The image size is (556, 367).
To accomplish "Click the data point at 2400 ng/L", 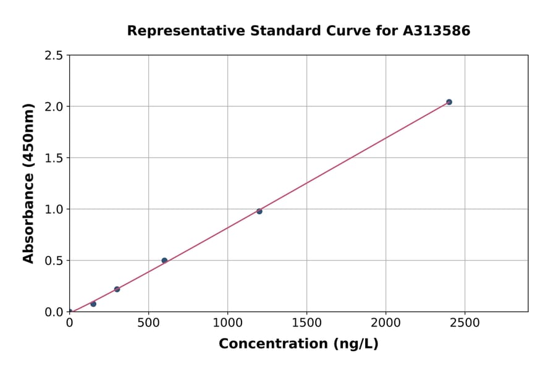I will pyautogui.click(x=449, y=102).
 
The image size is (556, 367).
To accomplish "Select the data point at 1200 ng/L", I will pyautogui.click(x=259, y=211).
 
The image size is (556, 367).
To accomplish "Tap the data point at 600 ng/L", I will pyautogui.click(x=164, y=261).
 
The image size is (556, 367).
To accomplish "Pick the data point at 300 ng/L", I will pyautogui.click(x=117, y=289).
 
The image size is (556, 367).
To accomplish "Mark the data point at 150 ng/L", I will pyautogui.click(x=93, y=304).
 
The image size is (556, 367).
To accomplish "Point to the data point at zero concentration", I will pyautogui.click(x=70, y=312).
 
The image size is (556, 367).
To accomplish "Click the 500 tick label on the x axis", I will pyautogui.click(x=148, y=323).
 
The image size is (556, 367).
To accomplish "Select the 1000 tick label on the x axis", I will pyautogui.click(x=227, y=323).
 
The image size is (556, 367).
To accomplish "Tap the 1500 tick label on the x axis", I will pyautogui.click(x=306, y=323).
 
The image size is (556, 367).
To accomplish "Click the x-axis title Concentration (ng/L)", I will pyautogui.click(x=298, y=344).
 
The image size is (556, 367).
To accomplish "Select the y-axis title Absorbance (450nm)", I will pyautogui.click(x=28, y=183).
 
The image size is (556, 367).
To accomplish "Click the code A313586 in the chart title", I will pyautogui.click(x=437, y=30).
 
